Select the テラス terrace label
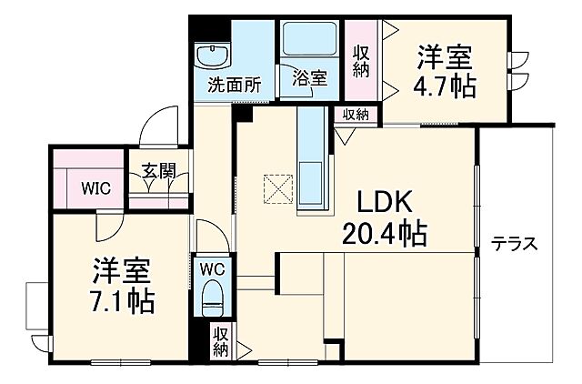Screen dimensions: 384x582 point(516,244)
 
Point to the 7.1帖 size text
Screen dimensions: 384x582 point(123,300)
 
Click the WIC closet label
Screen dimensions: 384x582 point(95,189)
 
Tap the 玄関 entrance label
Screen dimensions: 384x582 point(158,171)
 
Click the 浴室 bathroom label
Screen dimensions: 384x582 point(310,79)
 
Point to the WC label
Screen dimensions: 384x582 point(213,268)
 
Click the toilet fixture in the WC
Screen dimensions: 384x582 point(213,298)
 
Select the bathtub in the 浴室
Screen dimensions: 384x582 point(310,41)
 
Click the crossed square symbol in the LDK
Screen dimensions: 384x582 point(276,189)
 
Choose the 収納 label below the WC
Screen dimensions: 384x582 point(220,342)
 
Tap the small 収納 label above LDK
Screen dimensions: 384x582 point(356,115)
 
